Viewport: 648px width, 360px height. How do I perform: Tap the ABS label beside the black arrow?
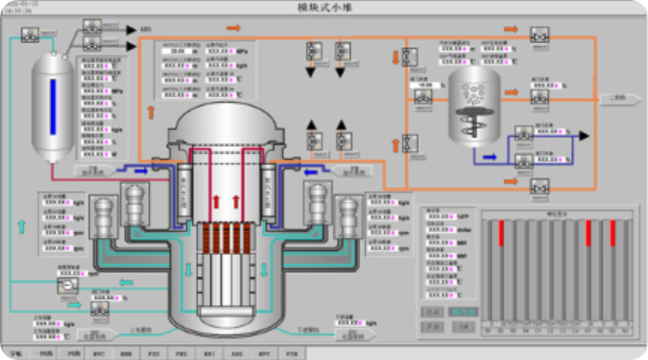tap(145, 30)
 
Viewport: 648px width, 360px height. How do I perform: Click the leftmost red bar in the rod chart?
tap(501, 233)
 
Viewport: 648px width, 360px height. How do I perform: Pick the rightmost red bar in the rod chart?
tap(612, 233)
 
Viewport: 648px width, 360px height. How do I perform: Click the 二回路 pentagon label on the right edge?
tap(616, 97)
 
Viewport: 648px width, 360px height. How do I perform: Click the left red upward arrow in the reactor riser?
tap(215, 202)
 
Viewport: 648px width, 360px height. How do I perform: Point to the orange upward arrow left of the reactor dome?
tap(150, 112)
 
